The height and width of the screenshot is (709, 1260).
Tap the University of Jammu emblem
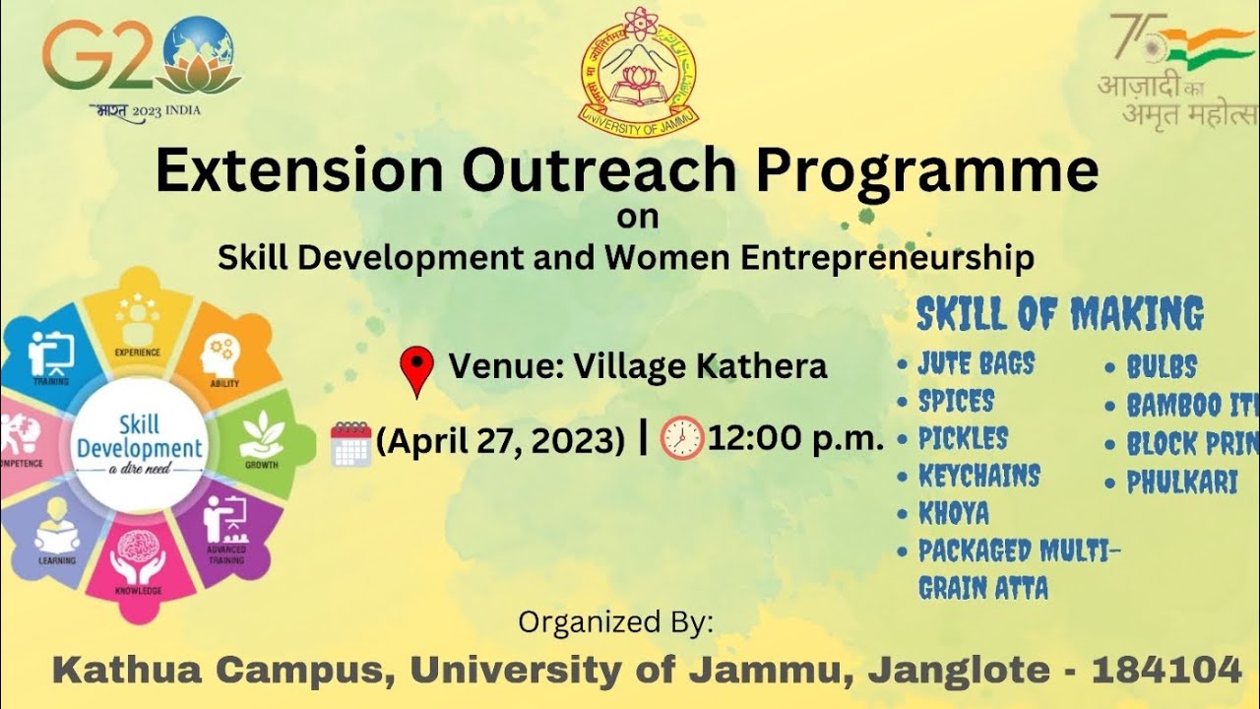click(638, 74)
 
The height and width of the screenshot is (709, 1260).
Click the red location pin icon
click(417, 371)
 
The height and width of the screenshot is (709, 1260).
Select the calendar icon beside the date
click(350, 443)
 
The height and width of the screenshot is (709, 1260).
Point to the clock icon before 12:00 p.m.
click(682, 438)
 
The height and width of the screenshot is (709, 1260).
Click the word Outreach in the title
click(599, 170)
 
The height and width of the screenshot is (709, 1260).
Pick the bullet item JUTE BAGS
click(976, 364)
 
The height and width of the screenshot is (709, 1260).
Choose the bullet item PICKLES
click(963, 438)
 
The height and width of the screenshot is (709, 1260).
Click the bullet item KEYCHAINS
click(978, 477)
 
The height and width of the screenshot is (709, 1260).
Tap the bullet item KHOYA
click(953, 514)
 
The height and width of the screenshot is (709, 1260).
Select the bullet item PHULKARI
click(1181, 483)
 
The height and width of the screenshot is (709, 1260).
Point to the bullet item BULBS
click(1162, 368)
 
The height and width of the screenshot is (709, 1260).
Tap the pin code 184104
click(1166, 671)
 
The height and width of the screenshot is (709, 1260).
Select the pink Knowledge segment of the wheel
click(138, 566)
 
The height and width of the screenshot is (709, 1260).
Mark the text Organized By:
click(615, 622)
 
